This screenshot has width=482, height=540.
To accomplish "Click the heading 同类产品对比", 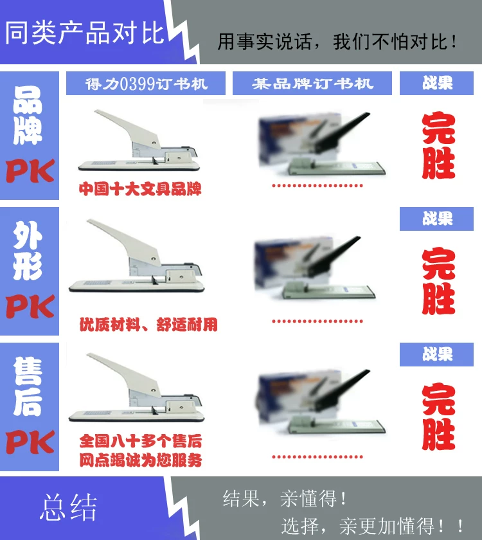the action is [85, 33].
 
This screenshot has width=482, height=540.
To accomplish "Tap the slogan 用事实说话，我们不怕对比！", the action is [337, 42].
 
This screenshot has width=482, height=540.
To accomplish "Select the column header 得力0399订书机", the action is [147, 84].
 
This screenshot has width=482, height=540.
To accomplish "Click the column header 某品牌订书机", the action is [312, 84].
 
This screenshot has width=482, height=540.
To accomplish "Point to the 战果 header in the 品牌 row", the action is [437, 83].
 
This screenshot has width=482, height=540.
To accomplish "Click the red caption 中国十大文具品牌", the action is [140, 189].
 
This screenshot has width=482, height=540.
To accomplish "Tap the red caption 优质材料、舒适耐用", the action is [148, 325].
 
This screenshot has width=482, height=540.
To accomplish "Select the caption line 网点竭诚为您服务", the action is [141, 460].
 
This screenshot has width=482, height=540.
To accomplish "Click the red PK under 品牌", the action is [30, 171].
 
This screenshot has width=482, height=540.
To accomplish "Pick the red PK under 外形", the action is [30, 306].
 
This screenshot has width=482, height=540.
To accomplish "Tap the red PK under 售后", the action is [30, 442].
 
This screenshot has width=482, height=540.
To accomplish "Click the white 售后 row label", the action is [28, 386].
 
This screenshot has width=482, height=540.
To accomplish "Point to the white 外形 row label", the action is [28, 251].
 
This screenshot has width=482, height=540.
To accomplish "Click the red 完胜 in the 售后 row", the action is [438, 417].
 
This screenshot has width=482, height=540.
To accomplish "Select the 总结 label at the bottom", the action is [69, 507].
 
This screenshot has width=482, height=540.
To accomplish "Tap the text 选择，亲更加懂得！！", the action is [373, 526].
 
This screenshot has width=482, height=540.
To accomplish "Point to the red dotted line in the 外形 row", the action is [317, 321].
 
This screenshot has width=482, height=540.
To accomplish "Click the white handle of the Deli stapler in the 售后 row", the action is [124, 374].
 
